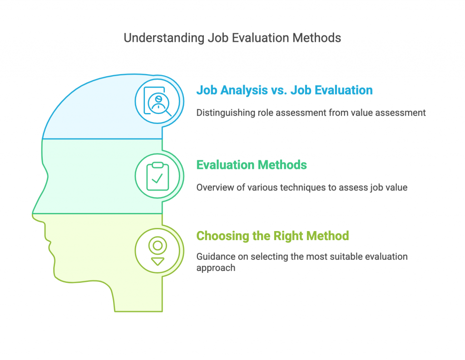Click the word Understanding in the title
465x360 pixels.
[164, 38]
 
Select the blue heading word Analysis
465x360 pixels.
[244, 90]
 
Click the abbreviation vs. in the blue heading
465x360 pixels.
[279, 90]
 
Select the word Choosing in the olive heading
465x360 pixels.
[223, 236]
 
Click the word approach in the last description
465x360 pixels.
[216, 268]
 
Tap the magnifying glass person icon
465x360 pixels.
[158, 101]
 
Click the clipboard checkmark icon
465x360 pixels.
[158, 176]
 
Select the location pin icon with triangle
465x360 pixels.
[158, 251]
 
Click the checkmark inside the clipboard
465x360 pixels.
[157, 178]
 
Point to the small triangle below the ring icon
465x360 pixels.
[158, 261]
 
